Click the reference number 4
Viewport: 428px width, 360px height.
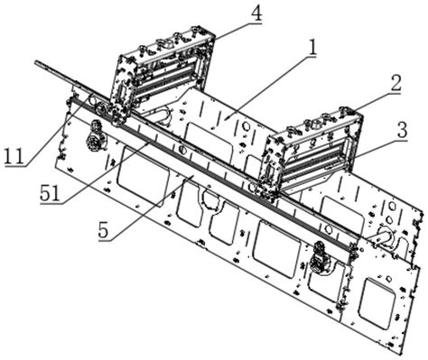pyautogui.click(x=256, y=13)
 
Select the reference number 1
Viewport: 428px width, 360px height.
pyautogui.click(x=312, y=48)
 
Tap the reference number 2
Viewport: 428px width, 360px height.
pyautogui.click(x=395, y=83)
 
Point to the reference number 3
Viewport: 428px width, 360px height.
pyautogui.click(x=402, y=130)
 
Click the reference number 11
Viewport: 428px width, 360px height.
pyautogui.click(x=14, y=156)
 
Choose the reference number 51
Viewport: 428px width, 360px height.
pyautogui.click(x=51, y=194)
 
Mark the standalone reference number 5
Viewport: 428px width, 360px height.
pyautogui.click(x=103, y=231)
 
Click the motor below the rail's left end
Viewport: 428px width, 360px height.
pyautogui.click(x=96, y=136)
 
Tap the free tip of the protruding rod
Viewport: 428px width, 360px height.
pyautogui.click(x=36, y=62)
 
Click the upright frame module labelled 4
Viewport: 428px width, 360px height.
pyautogui.click(x=163, y=74)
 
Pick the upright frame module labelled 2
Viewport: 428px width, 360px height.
pyautogui.click(x=313, y=151)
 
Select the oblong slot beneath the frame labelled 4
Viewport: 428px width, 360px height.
pyautogui.click(x=160, y=115)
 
